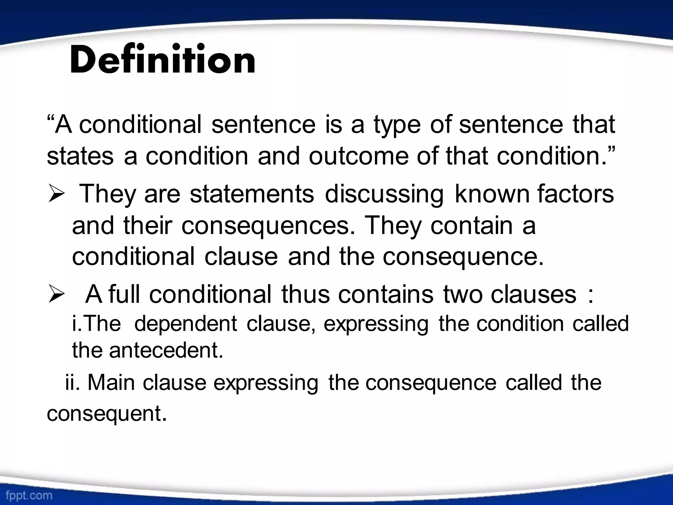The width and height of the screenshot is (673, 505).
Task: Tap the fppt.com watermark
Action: tap(29, 495)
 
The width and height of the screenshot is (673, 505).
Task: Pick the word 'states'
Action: tap(80, 156)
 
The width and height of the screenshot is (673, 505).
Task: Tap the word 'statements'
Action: tap(252, 194)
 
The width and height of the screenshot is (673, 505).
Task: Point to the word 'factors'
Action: tap(575, 194)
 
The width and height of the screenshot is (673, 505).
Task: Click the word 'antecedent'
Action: tap(166, 350)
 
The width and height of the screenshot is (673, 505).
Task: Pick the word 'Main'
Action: tap(111, 383)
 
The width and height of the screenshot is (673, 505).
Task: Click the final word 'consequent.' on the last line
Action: tap(107, 414)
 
